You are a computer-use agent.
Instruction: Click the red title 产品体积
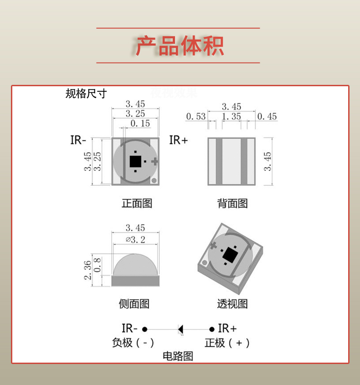click(180, 46)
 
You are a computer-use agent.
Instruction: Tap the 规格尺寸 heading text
click(86, 94)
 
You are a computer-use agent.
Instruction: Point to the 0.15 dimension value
click(140, 124)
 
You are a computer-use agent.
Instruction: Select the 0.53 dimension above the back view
click(195, 117)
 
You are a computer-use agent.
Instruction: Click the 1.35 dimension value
click(231, 117)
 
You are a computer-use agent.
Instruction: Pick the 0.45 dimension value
click(267, 117)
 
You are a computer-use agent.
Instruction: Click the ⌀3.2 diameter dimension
click(135, 239)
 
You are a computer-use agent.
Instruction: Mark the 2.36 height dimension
click(87, 271)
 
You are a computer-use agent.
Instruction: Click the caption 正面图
click(137, 203)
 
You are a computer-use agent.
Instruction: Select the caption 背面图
click(232, 203)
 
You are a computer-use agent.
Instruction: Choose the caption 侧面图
click(134, 304)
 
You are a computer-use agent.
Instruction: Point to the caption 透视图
click(232, 304)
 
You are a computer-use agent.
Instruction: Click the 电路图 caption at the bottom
click(178, 356)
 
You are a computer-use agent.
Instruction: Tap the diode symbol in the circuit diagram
click(180, 328)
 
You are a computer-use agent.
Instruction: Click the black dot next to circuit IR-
click(145, 328)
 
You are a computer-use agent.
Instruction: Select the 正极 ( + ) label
click(226, 343)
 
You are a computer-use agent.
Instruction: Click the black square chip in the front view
click(135, 161)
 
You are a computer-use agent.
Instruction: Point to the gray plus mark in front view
click(154, 161)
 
